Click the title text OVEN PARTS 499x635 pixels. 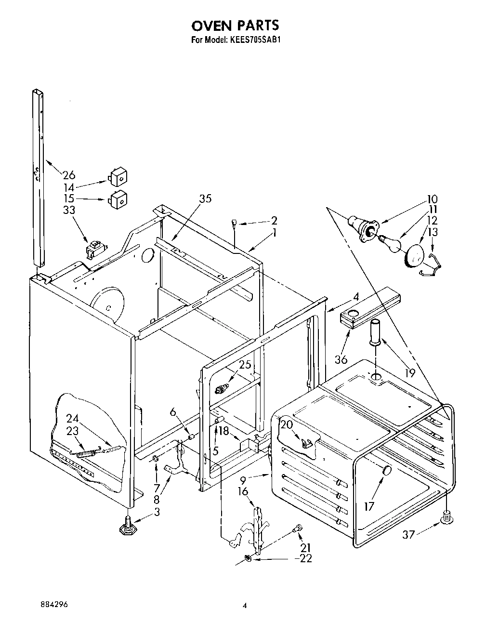(x=236, y=25)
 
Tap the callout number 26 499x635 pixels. (x=69, y=175)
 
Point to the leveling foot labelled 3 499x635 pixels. (x=127, y=526)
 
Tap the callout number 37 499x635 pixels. (x=408, y=534)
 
